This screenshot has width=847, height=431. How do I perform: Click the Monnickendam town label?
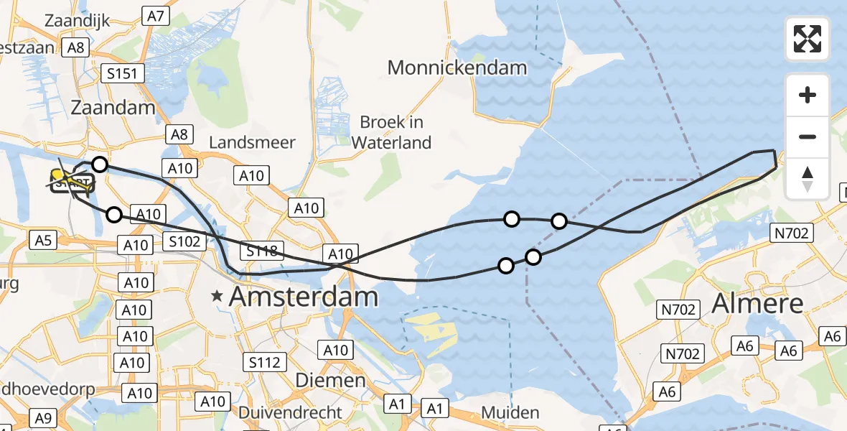click(457, 68)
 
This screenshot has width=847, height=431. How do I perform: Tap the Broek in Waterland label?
click(391, 131)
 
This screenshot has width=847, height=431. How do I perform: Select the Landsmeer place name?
click(252, 142)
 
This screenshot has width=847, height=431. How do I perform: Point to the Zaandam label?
click(113, 108)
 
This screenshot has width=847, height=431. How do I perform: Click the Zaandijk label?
click(77, 20)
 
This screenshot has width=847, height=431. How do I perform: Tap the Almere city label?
click(757, 304)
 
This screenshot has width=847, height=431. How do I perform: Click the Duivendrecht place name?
click(290, 412)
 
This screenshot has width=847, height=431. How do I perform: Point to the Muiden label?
click(510, 412)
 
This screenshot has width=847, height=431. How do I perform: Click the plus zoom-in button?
click(808, 95)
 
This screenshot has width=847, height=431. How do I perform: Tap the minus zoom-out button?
click(808, 136)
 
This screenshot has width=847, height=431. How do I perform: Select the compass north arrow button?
click(808, 178)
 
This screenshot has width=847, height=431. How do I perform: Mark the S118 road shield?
click(261, 251)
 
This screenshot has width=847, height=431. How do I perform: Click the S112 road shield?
click(264, 362)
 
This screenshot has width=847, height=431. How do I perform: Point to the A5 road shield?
click(42, 240)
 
